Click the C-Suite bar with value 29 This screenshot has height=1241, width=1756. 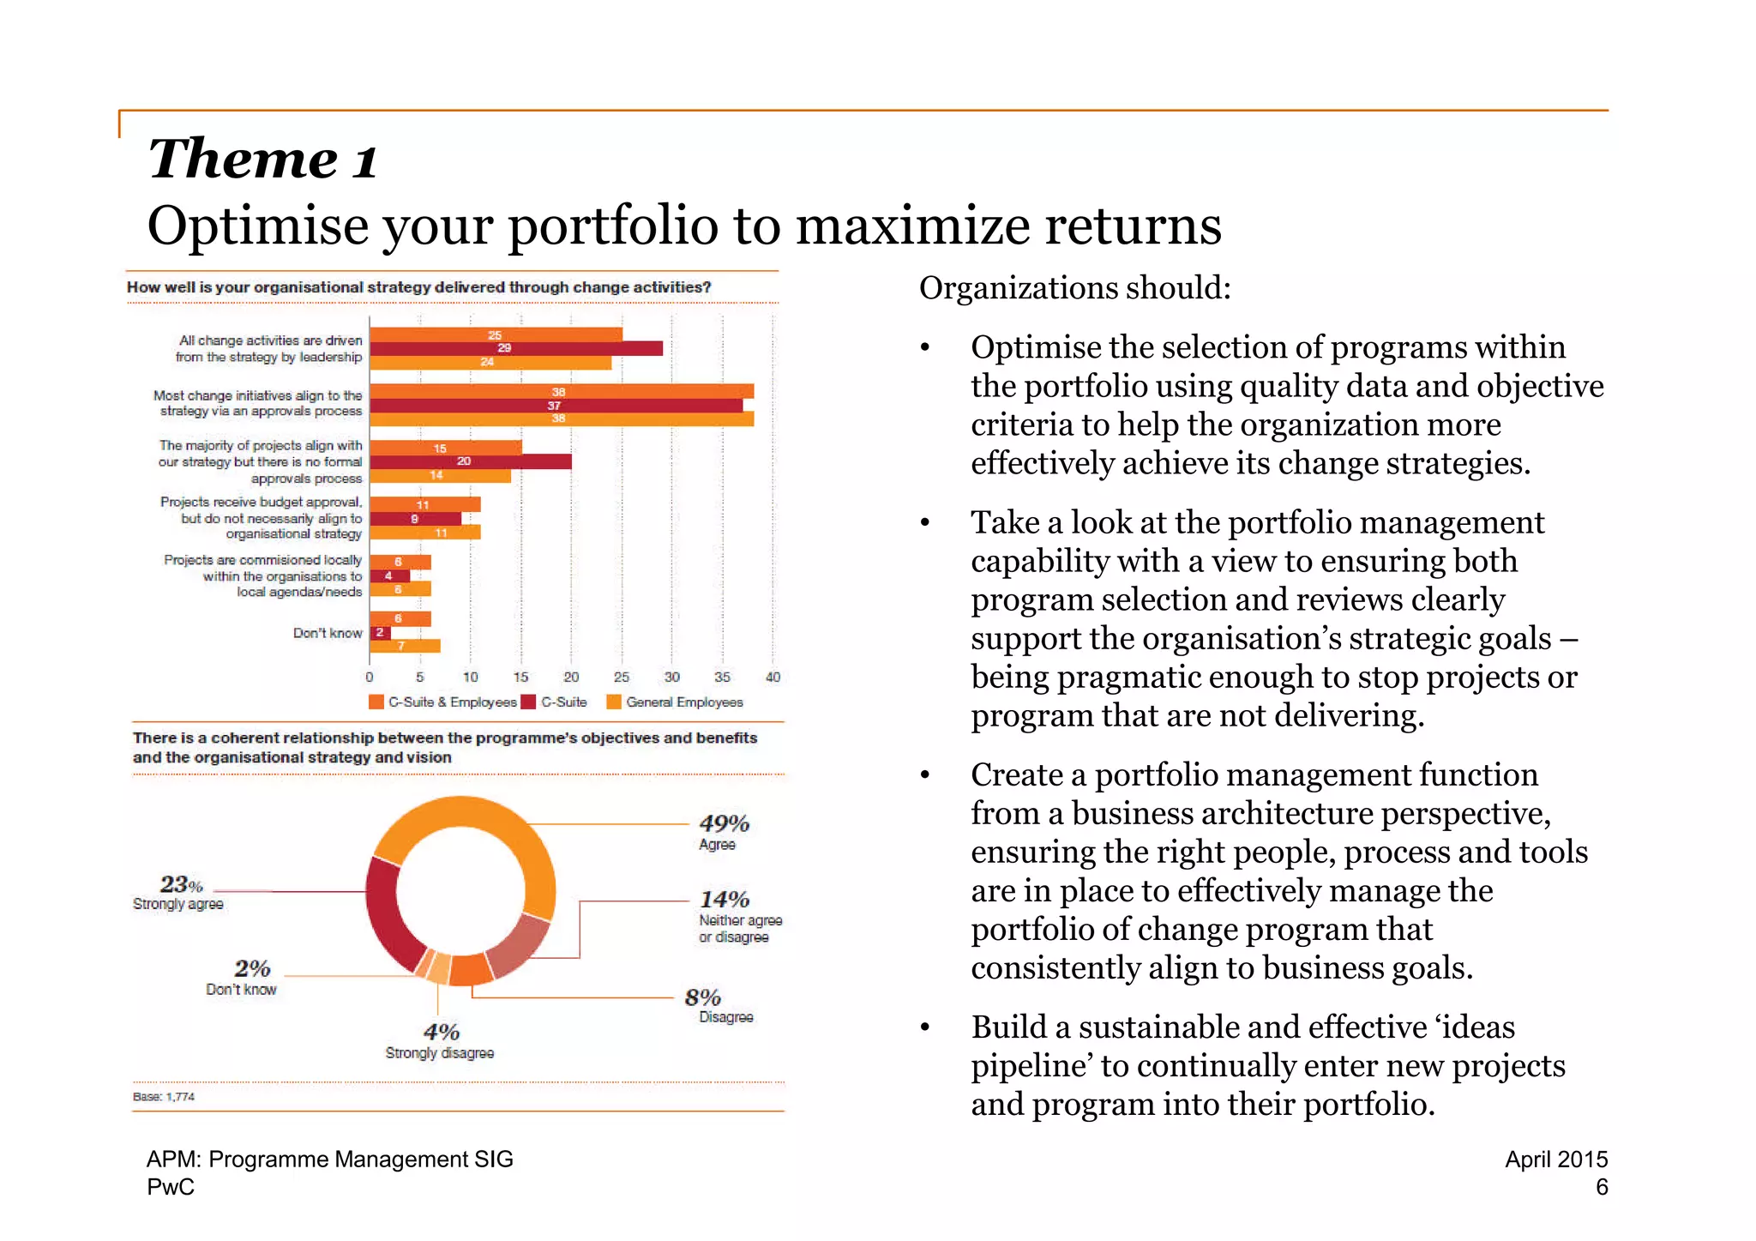515,348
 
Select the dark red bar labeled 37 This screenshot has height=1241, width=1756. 556,406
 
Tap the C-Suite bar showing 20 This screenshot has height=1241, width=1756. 470,461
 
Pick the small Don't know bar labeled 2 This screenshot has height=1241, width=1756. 380,633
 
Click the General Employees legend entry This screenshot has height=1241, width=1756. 675,702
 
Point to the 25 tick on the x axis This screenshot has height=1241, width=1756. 622,678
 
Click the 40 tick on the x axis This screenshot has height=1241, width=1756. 773,678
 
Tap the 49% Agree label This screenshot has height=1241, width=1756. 724,832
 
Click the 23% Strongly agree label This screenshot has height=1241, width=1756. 178,892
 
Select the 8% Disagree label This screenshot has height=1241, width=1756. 718,1005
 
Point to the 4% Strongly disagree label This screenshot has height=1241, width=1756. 440,1040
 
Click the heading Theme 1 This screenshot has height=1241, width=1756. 262,160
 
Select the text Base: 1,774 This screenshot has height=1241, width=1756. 164,1097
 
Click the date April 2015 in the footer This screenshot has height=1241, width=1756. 1555,1160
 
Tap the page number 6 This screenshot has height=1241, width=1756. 1601,1188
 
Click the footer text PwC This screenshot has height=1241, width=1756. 171,1188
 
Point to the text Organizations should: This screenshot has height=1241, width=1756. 1074,288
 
